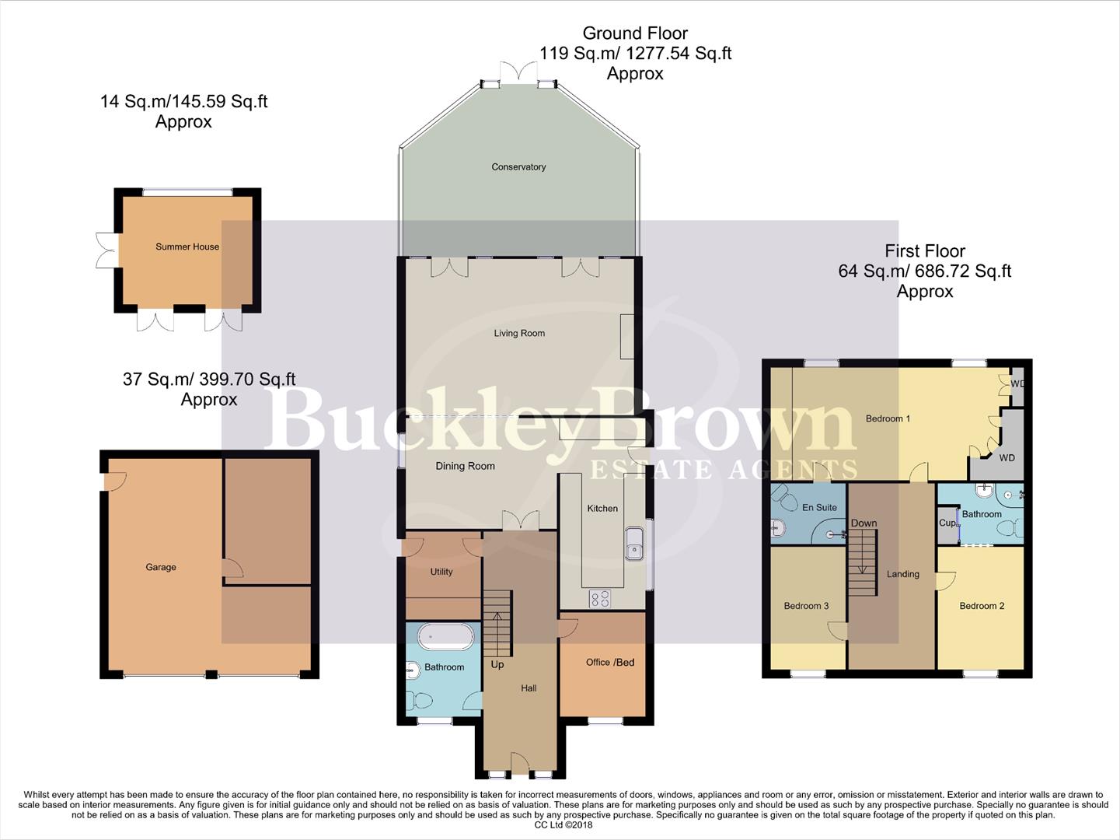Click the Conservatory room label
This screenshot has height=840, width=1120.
tap(518, 167)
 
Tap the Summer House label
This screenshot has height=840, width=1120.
tap(187, 247)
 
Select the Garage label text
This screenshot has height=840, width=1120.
tap(161, 568)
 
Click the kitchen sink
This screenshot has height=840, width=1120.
tap(633, 542)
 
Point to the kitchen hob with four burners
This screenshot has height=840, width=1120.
tap(600, 598)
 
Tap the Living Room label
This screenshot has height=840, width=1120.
tap(519, 334)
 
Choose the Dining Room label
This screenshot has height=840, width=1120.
tap(465, 467)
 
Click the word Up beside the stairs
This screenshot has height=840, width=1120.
tap(497, 665)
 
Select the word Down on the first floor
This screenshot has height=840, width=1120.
tap(864, 523)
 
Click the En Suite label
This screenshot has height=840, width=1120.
tap(819, 508)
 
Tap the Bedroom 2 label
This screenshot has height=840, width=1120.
tap(982, 606)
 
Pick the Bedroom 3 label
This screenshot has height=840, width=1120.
tap(806, 606)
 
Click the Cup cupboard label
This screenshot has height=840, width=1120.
tap(947, 523)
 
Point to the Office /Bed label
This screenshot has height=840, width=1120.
tap(610, 663)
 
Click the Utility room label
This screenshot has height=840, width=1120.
tap(441, 572)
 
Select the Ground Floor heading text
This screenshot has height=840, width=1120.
tap(635, 33)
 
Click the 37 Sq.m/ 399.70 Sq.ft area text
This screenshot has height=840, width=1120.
tap(209, 380)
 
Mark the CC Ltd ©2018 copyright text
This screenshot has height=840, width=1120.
tap(558, 825)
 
